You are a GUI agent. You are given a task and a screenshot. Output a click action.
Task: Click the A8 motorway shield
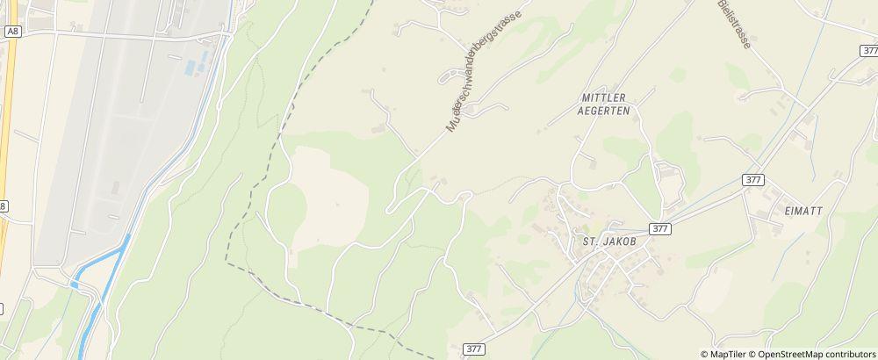tap(11, 31)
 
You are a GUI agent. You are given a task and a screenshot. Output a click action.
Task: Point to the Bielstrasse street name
tap(733, 24)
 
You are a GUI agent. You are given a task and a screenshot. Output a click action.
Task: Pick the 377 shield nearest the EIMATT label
tap(752, 179)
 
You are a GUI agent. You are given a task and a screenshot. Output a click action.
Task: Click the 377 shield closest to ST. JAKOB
tap(661, 228)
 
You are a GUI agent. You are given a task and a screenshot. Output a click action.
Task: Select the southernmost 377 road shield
tap(472, 349)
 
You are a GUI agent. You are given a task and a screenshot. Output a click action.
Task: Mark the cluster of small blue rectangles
tap(196, 64)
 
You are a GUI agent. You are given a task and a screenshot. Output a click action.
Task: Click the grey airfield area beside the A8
tap(114, 132)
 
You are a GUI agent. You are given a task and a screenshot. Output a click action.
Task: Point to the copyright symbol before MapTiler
tap(705, 354)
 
